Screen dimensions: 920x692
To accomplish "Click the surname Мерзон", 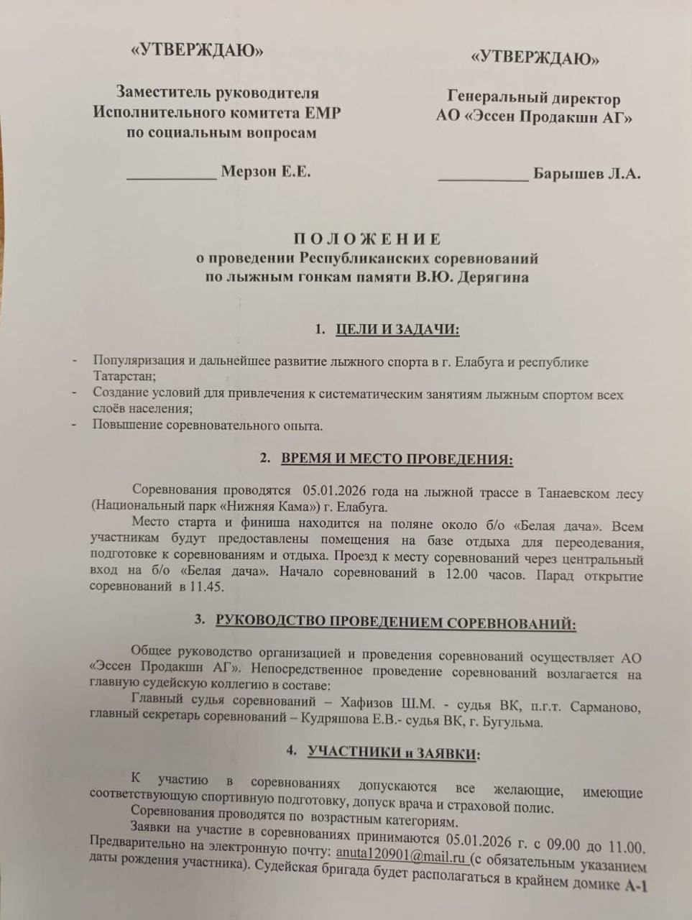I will coord(247,172).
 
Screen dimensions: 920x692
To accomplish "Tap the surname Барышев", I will coord(566,174).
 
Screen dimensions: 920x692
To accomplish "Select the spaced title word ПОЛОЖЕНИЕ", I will coord(366,239).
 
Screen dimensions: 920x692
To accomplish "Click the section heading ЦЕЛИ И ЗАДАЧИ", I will coord(397,330).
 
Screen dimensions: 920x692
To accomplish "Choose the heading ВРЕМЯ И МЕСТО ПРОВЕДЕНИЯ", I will coord(396,459).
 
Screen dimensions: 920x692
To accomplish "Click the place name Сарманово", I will coord(605,707).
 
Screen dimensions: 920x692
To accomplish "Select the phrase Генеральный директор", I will coord(534,98).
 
